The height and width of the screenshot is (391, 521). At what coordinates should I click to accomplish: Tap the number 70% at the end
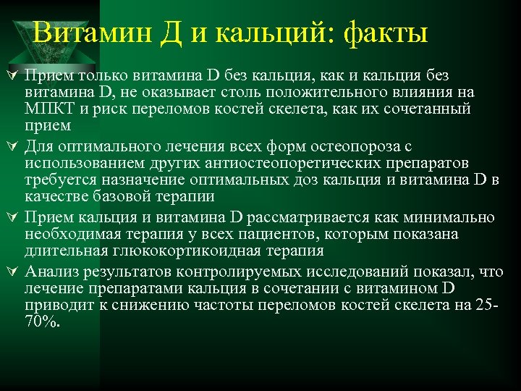(43, 321)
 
